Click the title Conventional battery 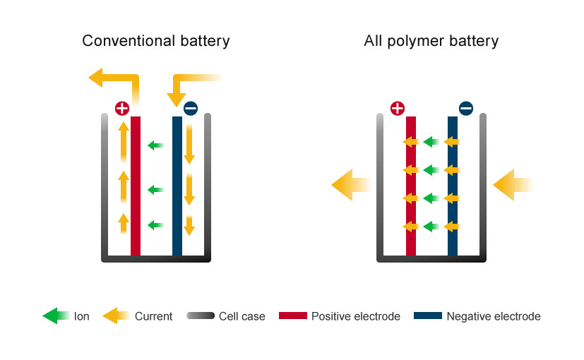click(156, 41)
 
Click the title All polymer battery click(431, 41)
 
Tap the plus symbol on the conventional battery click(122, 108)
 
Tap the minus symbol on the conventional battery click(191, 108)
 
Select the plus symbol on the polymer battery click(398, 108)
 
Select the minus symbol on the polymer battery click(466, 108)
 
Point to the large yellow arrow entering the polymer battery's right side click(511, 185)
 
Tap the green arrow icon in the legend click(55, 316)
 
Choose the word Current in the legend click(153, 316)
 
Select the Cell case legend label click(242, 316)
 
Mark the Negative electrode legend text click(494, 316)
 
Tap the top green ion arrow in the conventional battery click(155, 146)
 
